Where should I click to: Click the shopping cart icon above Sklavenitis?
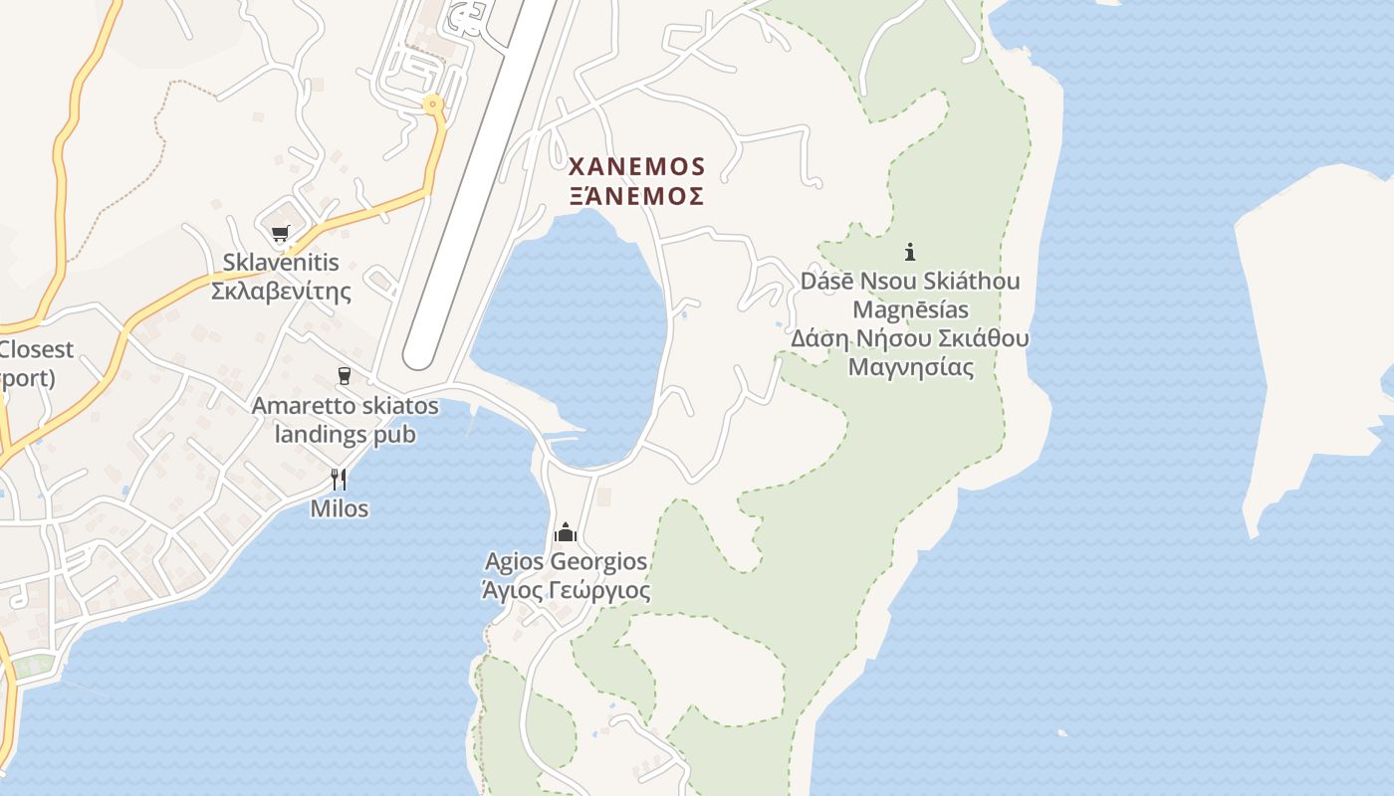pos(280,234)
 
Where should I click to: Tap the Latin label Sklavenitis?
pos(281,264)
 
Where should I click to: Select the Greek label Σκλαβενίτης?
pos(281,292)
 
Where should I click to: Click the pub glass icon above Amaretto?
pos(345,376)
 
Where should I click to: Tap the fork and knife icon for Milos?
pos(339,480)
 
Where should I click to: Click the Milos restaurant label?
pos(339,509)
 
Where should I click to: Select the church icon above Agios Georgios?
pos(566,532)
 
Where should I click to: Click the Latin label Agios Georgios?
pos(566,562)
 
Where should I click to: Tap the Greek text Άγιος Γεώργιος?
pos(566,591)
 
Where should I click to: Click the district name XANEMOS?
pos(636,166)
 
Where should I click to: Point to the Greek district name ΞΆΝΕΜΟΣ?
pos(636,195)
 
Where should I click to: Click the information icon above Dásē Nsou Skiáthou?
pos(909,252)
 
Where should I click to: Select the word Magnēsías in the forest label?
pos(910,309)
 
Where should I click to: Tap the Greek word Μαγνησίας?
pos(910,367)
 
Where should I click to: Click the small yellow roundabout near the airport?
pos(431,103)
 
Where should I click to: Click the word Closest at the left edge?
pos(37,349)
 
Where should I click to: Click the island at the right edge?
pos(1314,328)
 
